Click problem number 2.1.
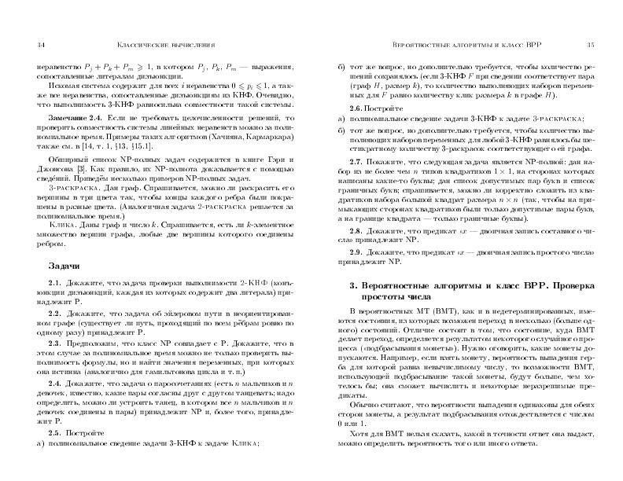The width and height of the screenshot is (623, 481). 55,282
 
